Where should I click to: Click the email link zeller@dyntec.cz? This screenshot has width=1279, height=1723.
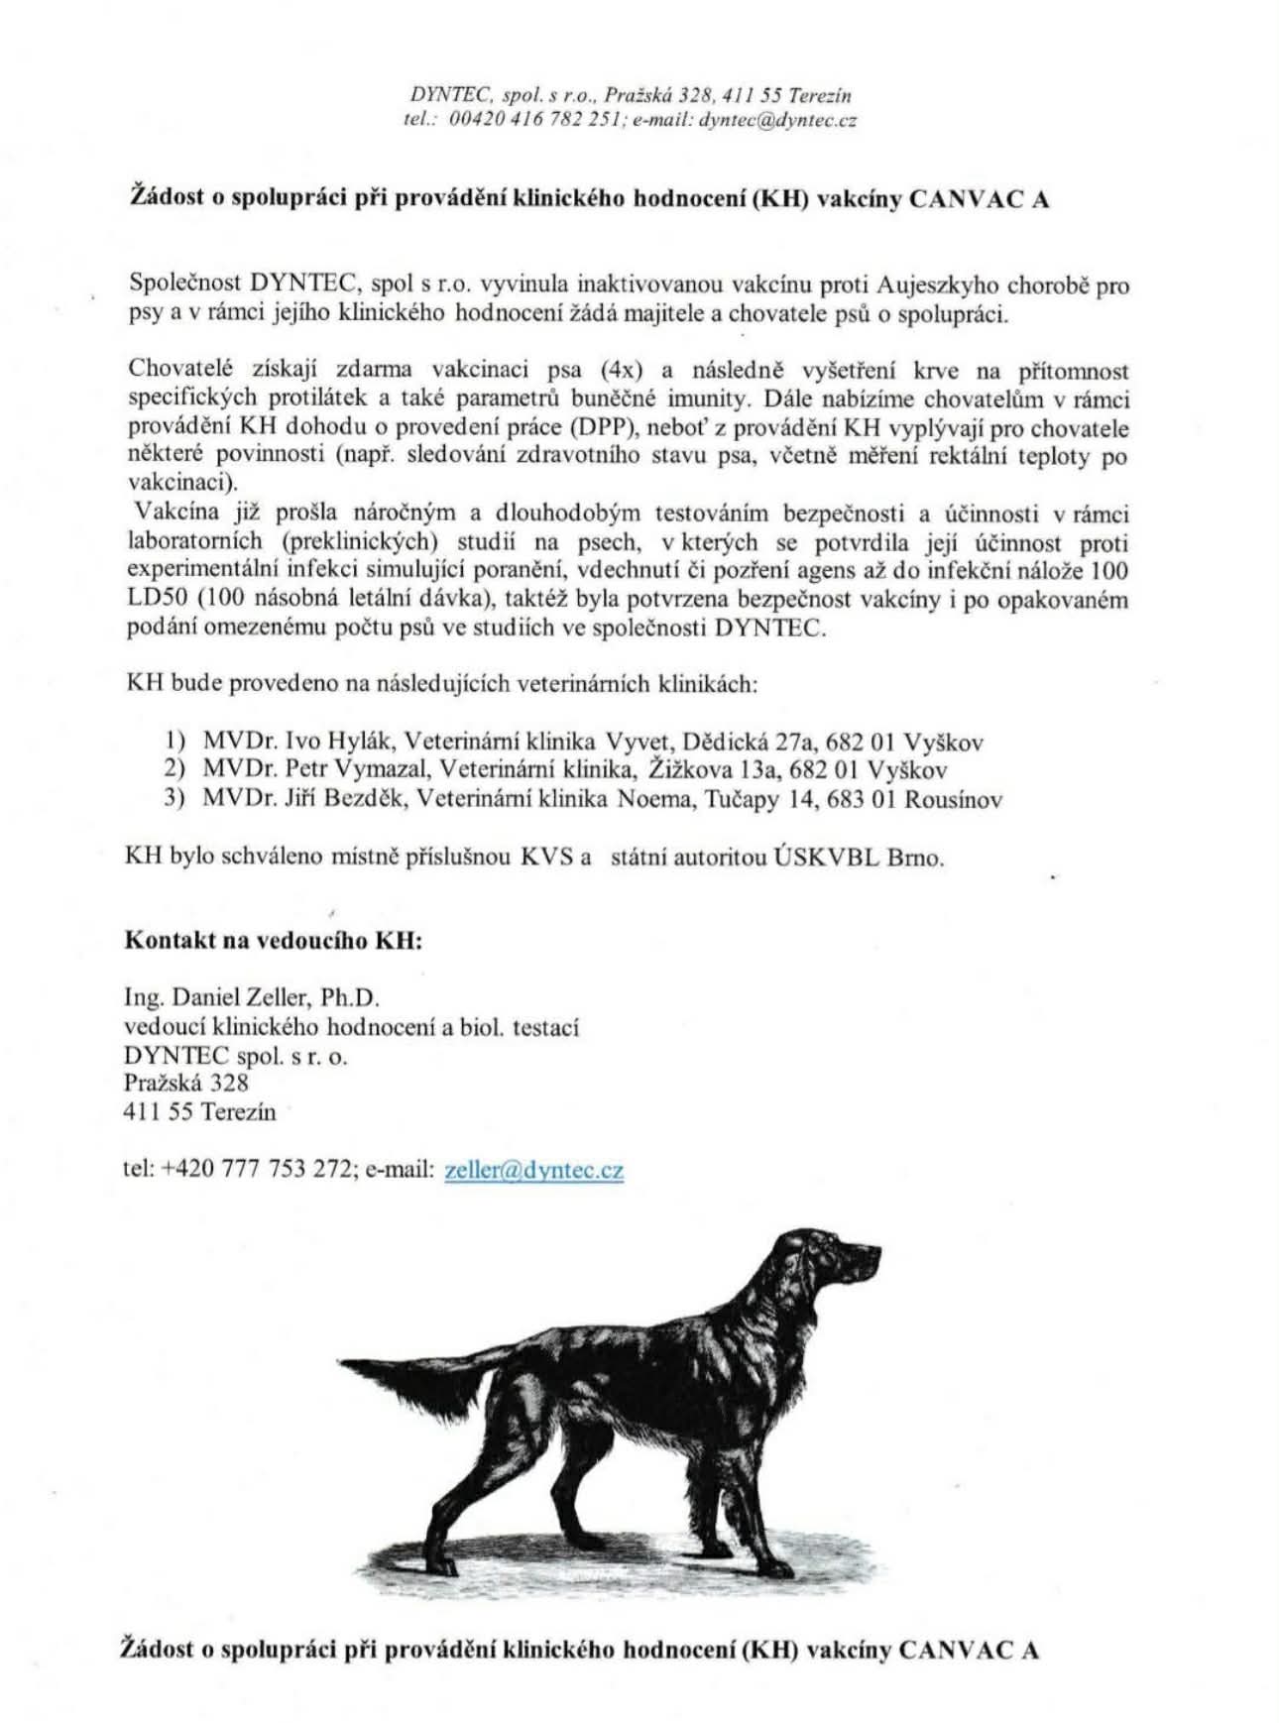click(534, 1170)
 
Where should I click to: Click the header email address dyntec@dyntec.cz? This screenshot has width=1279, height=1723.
click(778, 120)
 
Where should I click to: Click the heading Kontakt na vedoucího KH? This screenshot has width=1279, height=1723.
click(274, 940)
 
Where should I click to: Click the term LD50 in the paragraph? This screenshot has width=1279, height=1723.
click(157, 600)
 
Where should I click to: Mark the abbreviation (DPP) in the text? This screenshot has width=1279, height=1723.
click(592, 429)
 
